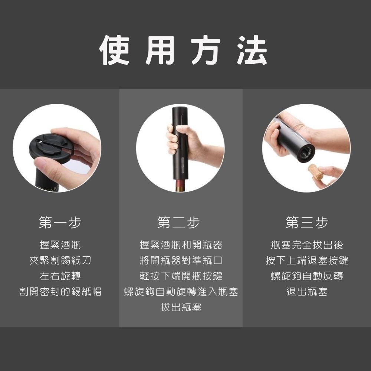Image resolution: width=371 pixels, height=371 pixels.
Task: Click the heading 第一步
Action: [x=60, y=223]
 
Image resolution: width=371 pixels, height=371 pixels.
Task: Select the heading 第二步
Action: [x=179, y=223]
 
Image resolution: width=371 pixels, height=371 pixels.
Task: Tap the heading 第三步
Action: [x=307, y=223]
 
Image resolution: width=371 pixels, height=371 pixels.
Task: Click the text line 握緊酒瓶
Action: [x=60, y=245]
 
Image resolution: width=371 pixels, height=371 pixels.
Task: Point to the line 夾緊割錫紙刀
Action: [x=60, y=260]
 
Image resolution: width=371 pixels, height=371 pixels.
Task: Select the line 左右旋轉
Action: [x=60, y=276]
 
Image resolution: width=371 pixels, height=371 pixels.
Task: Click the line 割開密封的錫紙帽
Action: [x=60, y=292]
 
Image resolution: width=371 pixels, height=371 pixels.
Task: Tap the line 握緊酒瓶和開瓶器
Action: [x=181, y=245]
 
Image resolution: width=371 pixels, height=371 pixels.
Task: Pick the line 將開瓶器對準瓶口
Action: [x=181, y=260]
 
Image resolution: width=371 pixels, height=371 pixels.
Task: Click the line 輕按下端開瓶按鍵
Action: [x=181, y=276]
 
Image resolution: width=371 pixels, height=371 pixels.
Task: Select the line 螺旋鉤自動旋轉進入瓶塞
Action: [x=181, y=292]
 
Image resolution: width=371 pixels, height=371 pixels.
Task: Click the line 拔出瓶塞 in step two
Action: [x=181, y=307]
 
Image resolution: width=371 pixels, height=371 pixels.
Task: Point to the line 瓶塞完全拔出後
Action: [x=307, y=245]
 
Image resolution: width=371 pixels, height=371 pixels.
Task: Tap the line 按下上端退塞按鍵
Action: [x=307, y=260]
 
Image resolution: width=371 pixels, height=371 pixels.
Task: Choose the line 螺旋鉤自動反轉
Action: [x=307, y=276]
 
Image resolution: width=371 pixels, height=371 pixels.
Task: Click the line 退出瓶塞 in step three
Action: [x=307, y=292]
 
